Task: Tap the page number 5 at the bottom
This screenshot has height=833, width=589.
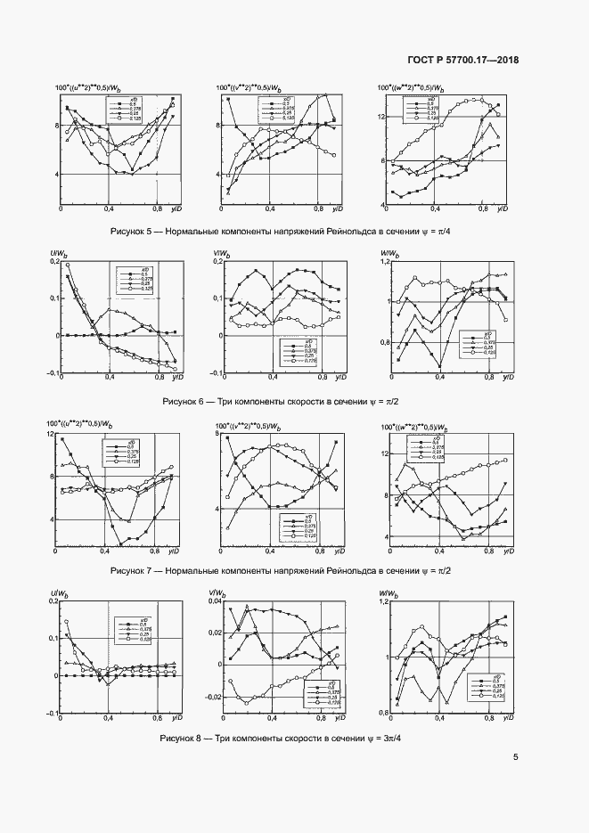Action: (x=516, y=758)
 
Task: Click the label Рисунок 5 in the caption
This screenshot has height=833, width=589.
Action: (x=135, y=231)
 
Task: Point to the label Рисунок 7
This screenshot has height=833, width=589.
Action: (x=134, y=570)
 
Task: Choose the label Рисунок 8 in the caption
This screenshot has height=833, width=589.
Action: (x=184, y=739)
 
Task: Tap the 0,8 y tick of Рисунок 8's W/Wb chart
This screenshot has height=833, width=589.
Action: (x=384, y=713)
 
